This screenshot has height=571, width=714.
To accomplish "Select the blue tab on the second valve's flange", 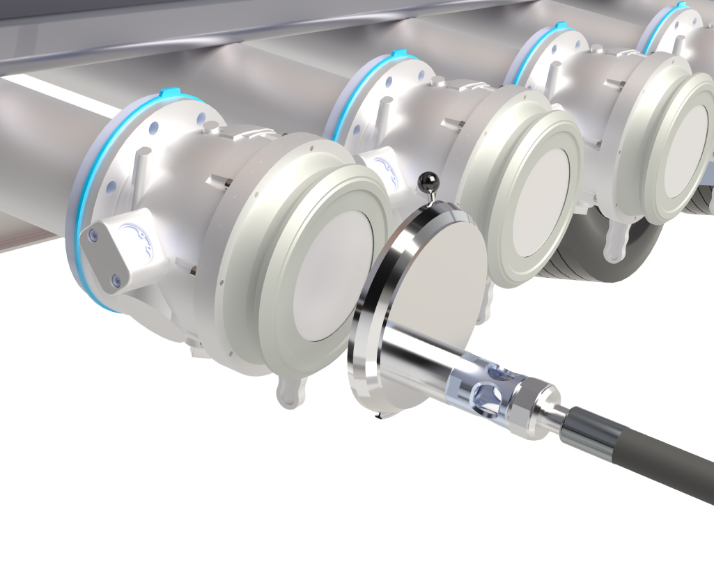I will (x=398, y=54).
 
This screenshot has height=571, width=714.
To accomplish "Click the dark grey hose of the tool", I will (x=648, y=460).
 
